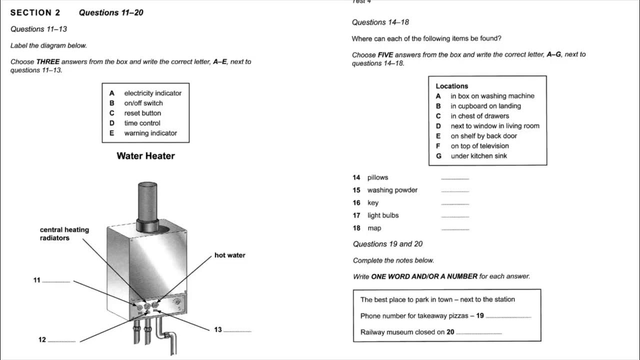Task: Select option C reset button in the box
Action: coord(142,113)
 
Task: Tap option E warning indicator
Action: coord(150,133)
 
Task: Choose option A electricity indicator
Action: coord(152,93)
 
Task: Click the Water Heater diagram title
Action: coord(145,156)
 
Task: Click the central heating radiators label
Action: coord(64,234)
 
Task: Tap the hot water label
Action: coord(229,255)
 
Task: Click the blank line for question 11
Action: coord(56,282)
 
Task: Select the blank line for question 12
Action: coord(61,341)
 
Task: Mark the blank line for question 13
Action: coord(237,331)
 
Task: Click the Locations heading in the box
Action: coord(451,86)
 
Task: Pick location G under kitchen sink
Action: coord(478,156)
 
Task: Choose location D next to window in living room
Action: coord(494,126)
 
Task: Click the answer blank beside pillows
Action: coord(455,179)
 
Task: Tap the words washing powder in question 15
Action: coord(392,190)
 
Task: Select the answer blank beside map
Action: coord(455,229)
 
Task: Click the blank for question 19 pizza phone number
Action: coord(508,317)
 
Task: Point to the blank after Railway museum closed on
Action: coord(478,333)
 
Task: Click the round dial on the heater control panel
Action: coord(176,302)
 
